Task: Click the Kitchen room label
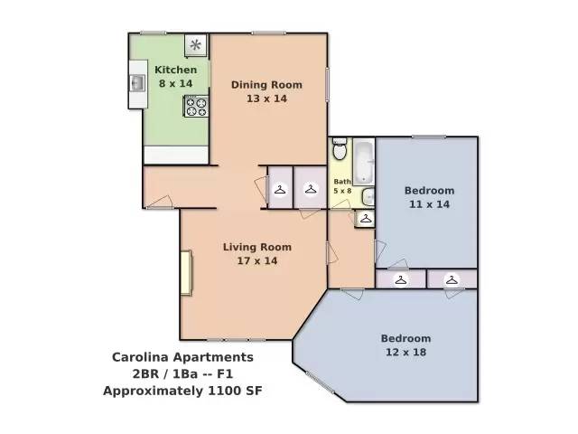pyautogui.click(x=175, y=70)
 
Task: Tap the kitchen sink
pyautogui.click(x=138, y=84)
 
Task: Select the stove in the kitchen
pyautogui.click(x=196, y=106)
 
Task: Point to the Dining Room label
pyautogui.click(x=266, y=85)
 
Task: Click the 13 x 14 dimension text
pyautogui.click(x=266, y=99)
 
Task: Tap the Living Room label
pyautogui.click(x=257, y=247)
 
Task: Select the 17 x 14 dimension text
pyautogui.click(x=257, y=261)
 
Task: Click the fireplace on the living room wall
pyautogui.click(x=185, y=272)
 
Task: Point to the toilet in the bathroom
pyautogui.click(x=340, y=150)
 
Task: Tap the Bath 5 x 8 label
pyautogui.click(x=342, y=186)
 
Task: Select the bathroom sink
pyautogui.click(x=368, y=197)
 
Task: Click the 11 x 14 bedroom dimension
pyautogui.click(x=429, y=204)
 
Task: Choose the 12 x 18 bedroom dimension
pyautogui.click(x=406, y=353)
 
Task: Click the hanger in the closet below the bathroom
pyautogui.click(x=365, y=219)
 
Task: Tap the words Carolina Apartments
pyautogui.click(x=182, y=357)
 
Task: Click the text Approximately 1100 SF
pyautogui.click(x=182, y=392)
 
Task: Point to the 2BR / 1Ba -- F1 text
pyautogui.click(x=182, y=374)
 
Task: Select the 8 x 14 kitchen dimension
pyautogui.click(x=175, y=83)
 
